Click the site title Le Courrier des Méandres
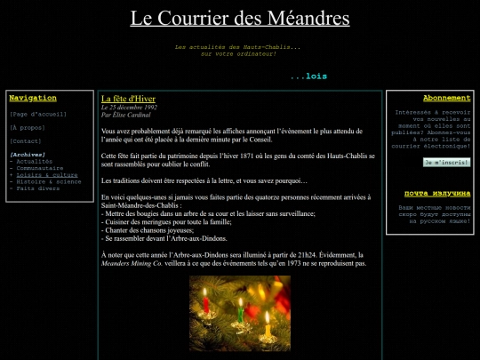coord(240,19)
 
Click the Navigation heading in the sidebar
coord(32,98)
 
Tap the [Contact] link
coord(25,140)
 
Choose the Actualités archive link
coord(36,161)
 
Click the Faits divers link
coord(36,188)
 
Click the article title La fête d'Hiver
coord(129,98)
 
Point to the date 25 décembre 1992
coord(129,107)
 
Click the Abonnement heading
coord(446,98)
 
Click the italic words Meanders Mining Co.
coord(132,263)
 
